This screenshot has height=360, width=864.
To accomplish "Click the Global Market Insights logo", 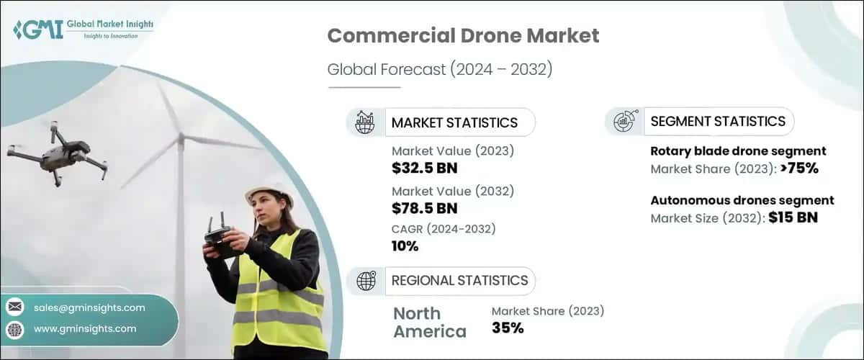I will click(x=83, y=30).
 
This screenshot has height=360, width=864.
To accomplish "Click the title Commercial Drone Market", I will click(x=463, y=36).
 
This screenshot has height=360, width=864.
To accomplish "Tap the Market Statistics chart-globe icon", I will click(x=365, y=122).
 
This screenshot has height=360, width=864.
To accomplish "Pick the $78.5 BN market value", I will click(x=424, y=209).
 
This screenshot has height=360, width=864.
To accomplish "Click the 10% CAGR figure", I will click(x=405, y=247).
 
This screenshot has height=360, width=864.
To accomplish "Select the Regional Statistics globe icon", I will click(x=365, y=281).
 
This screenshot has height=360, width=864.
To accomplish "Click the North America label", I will click(x=430, y=322).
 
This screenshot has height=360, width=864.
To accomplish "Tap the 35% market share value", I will click(x=508, y=328).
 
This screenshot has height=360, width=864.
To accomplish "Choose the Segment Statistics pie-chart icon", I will click(x=624, y=122).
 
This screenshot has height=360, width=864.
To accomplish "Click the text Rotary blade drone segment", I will click(x=738, y=151).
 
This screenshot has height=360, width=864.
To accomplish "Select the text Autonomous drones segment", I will click(x=742, y=200).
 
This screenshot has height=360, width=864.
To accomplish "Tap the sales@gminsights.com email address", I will click(x=89, y=307).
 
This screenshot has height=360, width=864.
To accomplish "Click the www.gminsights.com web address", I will click(x=84, y=328).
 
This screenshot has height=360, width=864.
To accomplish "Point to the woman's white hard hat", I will click(x=268, y=194).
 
